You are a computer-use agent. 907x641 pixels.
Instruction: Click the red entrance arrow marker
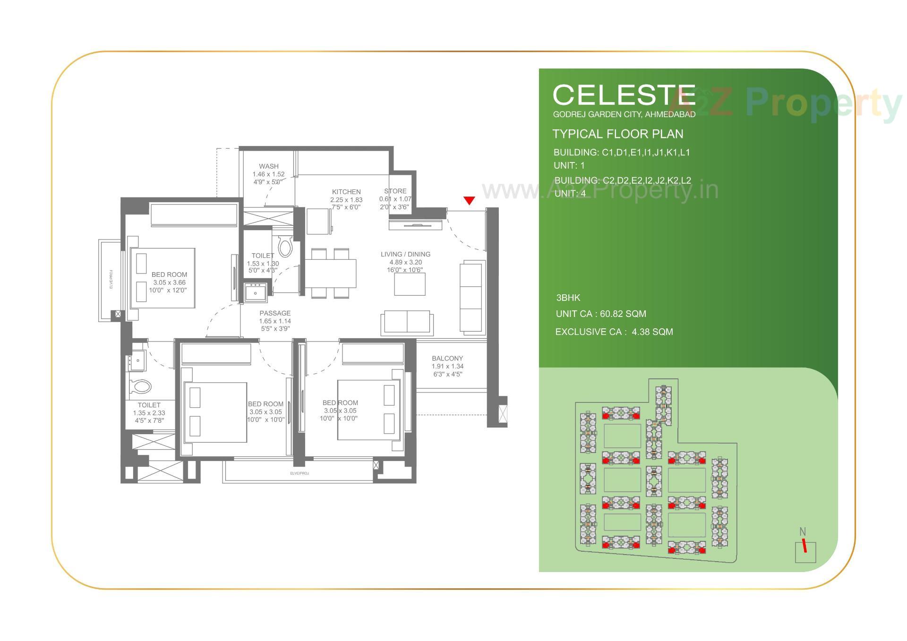469,201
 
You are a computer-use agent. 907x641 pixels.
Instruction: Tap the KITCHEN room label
346,192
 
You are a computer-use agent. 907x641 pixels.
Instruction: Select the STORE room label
395,191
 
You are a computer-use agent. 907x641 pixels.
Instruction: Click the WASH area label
269,166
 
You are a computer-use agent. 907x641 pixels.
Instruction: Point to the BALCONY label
447,359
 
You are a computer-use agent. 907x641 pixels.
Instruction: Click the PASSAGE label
275,313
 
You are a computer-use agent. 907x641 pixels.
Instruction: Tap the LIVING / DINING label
405,255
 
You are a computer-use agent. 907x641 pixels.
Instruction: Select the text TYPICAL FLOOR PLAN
618,134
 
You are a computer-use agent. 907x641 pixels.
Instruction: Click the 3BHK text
568,298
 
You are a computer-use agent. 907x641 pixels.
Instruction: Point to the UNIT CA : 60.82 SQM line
601,314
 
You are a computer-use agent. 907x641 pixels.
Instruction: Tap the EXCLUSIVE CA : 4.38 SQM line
614,332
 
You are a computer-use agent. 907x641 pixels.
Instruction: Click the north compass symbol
805,548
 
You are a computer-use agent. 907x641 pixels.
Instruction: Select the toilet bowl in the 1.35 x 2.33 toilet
141,387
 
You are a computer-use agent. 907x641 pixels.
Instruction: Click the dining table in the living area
330,273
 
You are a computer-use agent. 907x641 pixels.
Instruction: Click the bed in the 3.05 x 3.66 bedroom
163,278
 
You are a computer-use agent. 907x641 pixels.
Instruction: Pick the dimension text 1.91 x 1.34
447,367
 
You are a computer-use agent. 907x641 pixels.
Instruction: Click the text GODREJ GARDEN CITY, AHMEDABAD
624,114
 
